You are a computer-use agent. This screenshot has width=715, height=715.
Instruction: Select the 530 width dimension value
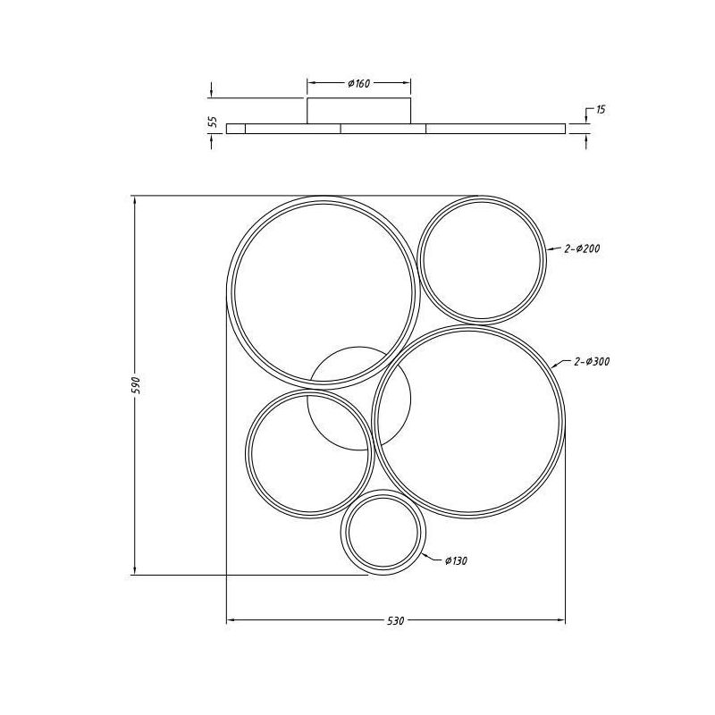point(397,621)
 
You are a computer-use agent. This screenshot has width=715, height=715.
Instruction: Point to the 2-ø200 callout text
point(581,249)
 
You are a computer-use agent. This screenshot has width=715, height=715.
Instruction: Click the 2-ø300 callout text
point(592,362)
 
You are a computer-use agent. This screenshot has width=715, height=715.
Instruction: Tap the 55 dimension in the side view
point(213,122)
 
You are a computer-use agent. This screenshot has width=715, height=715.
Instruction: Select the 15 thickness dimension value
point(600,110)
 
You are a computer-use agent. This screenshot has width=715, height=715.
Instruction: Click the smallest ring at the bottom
point(383,534)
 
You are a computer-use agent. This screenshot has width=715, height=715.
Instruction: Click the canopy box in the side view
point(359,112)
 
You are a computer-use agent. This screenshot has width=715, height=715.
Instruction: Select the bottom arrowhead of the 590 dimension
point(134,572)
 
